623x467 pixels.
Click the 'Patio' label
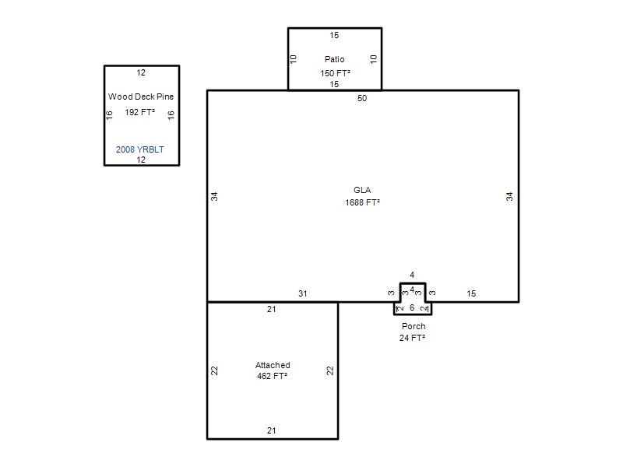(335, 59)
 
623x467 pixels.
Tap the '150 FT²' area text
(336, 73)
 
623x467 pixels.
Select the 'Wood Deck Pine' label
(141, 97)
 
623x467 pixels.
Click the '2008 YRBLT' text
(140, 149)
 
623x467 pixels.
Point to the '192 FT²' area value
(140, 112)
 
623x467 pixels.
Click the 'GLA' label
(362, 190)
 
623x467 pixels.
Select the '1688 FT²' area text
(362, 202)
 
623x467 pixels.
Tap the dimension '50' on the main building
(362, 98)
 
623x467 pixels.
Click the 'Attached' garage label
(273, 365)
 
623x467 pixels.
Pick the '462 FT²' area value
(272, 376)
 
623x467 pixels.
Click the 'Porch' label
(414, 326)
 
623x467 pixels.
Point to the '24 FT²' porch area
(413, 338)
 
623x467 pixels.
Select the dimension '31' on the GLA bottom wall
(303, 293)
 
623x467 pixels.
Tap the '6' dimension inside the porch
(412, 307)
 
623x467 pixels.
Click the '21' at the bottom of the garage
(271, 430)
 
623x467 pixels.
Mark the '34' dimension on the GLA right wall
(509, 196)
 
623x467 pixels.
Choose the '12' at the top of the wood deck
(141, 72)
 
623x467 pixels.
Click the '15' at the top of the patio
(334, 35)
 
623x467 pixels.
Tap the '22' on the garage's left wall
(215, 370)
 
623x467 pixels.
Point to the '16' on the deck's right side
(171, 115)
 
